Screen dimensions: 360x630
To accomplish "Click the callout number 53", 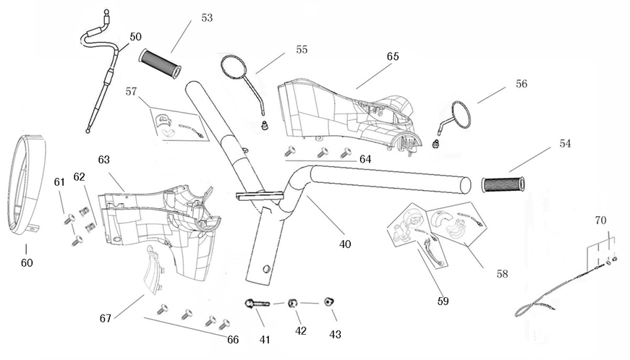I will (x=207, y=18).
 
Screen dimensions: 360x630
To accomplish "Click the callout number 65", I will (x=393, y=56).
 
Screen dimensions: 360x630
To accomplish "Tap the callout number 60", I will (x=26, y=262).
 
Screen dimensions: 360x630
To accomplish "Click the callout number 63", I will (x=104, y=158).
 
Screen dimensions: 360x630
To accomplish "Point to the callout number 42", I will (x=301, y=331).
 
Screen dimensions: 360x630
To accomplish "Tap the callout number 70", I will (x=600, y=219).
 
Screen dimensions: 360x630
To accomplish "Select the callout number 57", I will (x=131, y=92).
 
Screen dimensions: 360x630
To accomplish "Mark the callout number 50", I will (x=136, y=37).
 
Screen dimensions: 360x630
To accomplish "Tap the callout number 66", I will (x=233, y=338).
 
